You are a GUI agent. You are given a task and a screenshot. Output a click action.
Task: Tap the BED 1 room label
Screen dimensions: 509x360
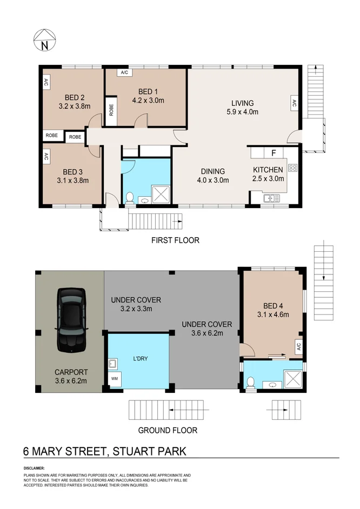(x=148, y=91)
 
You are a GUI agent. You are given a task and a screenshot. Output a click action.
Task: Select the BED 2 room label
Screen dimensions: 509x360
(x=74, y=97)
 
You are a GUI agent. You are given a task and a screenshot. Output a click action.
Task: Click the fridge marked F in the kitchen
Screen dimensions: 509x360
(x=274, y=152)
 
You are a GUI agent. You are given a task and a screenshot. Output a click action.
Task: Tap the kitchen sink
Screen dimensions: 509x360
(x=269, y=199)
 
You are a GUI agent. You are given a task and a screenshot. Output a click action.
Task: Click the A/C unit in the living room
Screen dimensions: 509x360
(x=294, y=103)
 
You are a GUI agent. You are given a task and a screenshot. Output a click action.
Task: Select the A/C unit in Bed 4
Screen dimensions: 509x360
(x=298, y=346)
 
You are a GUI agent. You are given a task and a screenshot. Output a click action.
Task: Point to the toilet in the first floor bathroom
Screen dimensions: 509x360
(x=129, y=198)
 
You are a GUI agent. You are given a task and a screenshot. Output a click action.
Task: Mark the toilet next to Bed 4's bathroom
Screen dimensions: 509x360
(x=249, y=383)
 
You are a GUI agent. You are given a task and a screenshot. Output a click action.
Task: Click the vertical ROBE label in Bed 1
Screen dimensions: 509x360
(x=111, y=110)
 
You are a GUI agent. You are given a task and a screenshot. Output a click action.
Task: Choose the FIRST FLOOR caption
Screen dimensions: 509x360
(x=175, y=240)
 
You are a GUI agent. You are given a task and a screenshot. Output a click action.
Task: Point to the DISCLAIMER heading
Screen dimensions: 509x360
(x=35, y=468)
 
